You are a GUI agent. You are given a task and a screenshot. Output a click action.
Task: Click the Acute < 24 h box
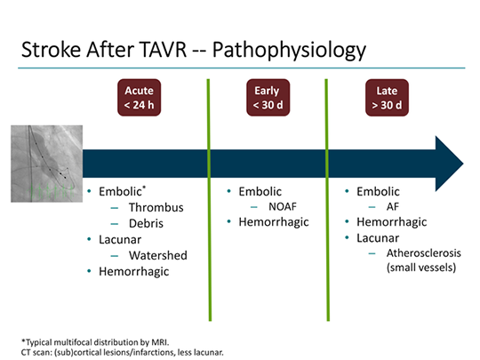click(x=139, y=98)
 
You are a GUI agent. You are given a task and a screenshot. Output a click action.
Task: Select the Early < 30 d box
click(x=268, y=98)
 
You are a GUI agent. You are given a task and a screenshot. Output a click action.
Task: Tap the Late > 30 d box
click(x=387, y=98)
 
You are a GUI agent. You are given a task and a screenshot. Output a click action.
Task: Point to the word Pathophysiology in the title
click(x=289, y=51)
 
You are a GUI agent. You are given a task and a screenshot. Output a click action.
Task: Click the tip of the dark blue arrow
click(x=463, y=164)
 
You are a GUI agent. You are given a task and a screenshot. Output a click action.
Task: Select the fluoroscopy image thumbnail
click(x=46, y=164)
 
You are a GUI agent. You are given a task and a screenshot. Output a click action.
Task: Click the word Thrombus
click(x=156, y=207)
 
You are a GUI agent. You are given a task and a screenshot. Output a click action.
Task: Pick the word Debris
click(x=146, y=223)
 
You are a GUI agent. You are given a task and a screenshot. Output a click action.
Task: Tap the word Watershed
click(x=158, y=255)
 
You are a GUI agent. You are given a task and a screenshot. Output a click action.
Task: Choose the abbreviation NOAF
click(x=283, y=206)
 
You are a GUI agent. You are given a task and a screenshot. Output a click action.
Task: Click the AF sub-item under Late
click(x=393, y=206)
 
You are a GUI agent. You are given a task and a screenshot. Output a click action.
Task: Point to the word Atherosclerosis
click(x=424, y=253)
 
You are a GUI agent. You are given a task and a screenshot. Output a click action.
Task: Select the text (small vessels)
click(x=421, y=268)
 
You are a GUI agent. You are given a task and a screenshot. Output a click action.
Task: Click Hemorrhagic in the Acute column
click(x=133, y=272)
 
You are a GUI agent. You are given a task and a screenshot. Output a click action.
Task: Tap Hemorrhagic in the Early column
click(x=274, y=222)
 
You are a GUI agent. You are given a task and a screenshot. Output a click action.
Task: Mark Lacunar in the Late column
click(x=378, y=238)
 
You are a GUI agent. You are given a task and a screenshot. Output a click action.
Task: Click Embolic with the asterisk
click(x=122, y=191)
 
